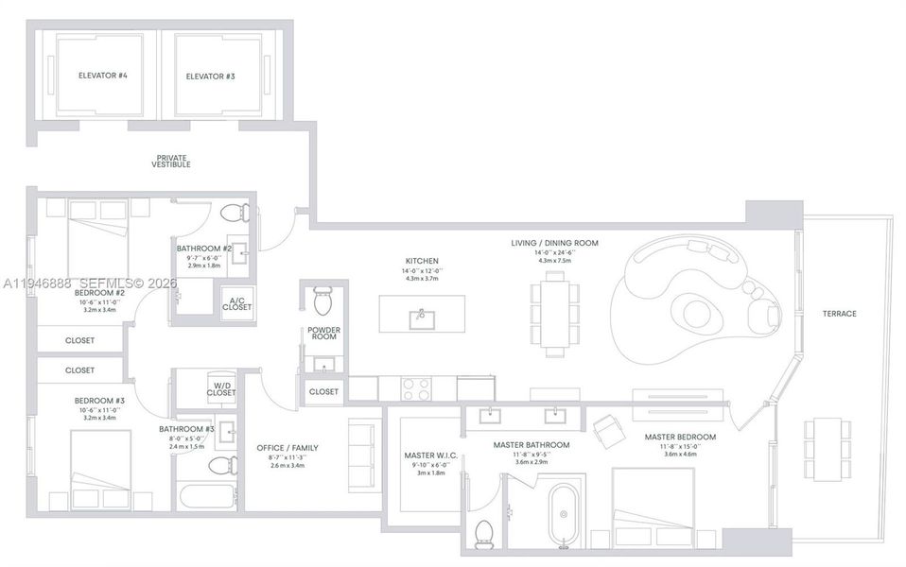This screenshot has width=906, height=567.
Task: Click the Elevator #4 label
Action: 103,76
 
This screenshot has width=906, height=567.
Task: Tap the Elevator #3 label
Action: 210,76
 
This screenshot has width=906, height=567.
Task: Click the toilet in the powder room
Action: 322,301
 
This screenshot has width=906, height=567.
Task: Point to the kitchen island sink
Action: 418,318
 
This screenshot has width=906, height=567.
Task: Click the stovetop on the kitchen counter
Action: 416,387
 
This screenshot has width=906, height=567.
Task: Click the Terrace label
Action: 838,313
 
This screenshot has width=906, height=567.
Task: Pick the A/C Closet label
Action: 235,303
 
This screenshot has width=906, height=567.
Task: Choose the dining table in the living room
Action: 553,314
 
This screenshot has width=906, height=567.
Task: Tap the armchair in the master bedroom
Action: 606,431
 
